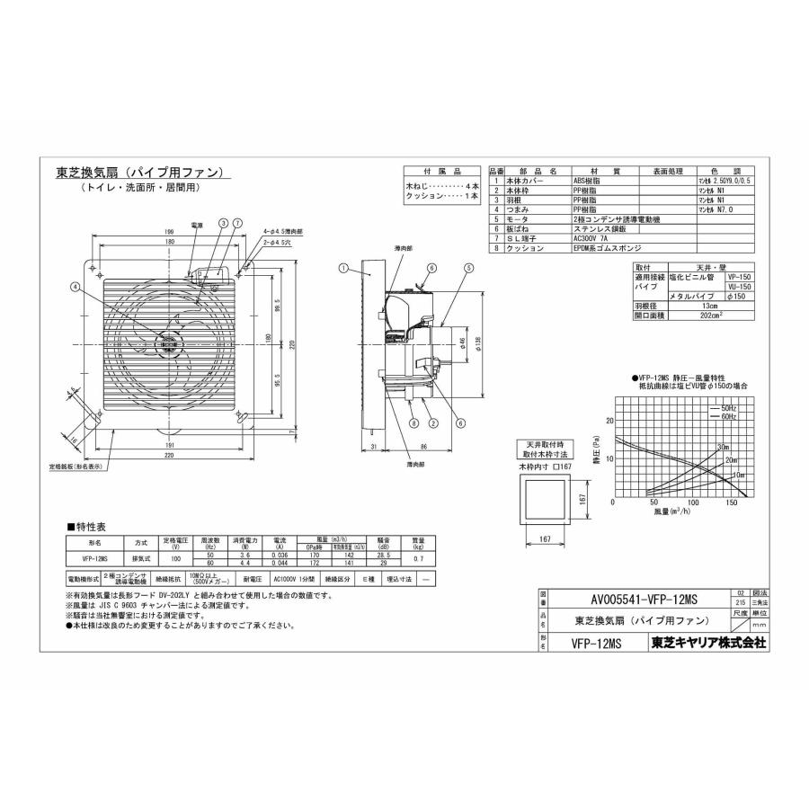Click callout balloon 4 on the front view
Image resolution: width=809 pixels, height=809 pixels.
[x=75, y=288]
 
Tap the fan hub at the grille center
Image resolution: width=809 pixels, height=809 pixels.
[x=167, y=342]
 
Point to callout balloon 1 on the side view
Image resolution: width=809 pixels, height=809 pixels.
[x=343, y=268]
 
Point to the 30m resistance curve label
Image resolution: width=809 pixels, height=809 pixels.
[x=723, y=447]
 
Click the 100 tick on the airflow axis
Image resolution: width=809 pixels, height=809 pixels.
[x=692, y=503]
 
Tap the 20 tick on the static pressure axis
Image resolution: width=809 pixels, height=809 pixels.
[x=609, y=421]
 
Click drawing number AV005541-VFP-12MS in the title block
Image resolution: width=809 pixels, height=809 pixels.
[x=635, y=600]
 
